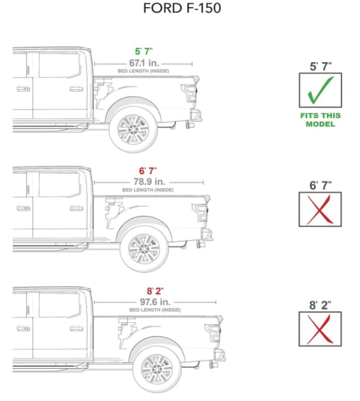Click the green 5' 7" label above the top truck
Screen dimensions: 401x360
(x=143, y=51)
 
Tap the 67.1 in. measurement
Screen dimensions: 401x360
(x=143, y=63)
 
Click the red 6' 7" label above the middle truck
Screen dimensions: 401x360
(x=147, y=171)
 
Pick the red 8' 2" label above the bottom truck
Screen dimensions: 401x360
(x=154, y=290)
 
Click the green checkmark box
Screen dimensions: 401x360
(x=320, y=90)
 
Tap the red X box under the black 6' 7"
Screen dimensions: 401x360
(x=320, y=209)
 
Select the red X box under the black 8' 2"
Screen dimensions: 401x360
(x=320, y=329)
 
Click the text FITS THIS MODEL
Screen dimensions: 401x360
(x=320, y=120)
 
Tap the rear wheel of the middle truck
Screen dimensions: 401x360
(x=145, y=247)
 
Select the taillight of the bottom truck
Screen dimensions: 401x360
(x=213, y=333)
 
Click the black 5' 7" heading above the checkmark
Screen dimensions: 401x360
(x=320, y=65)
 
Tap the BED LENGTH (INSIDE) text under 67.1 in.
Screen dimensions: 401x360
(x=143, y=71)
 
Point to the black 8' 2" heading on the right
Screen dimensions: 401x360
(x=320, y=304)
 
